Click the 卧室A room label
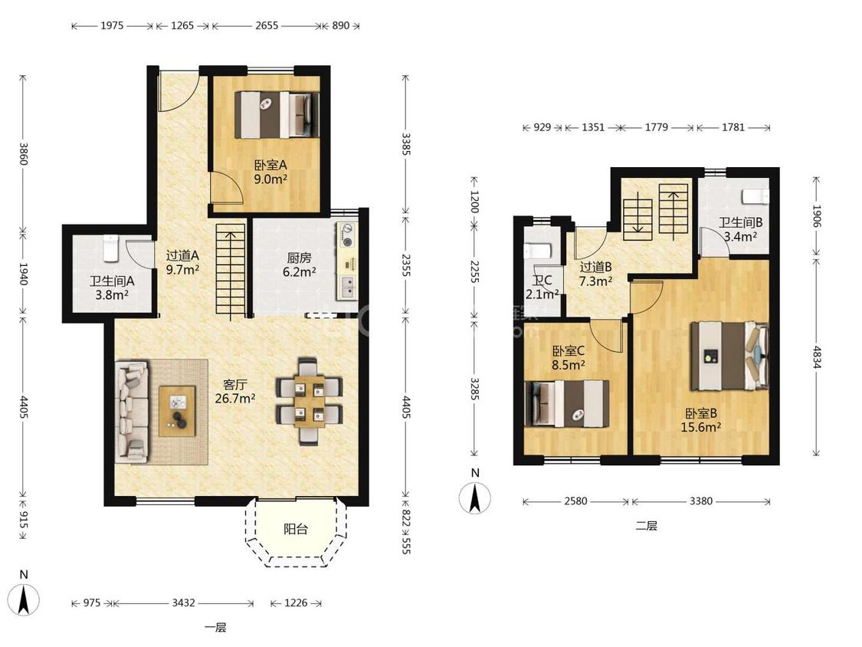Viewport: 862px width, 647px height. click(270, 165)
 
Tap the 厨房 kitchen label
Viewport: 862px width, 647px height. click(299, 258)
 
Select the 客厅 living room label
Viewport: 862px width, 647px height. click(234, 385)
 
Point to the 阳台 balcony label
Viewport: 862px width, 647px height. click(296, 529)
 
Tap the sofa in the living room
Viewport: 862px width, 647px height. click(132, 411)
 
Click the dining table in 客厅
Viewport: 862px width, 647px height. click(309, 401)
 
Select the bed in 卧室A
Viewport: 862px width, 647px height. click(277, 114)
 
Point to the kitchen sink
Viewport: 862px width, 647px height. click(346, 286)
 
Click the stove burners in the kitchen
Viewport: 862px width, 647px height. click(347, 235)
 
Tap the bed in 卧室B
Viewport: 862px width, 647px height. click(729, 356)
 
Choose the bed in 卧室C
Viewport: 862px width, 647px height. click(567, 404)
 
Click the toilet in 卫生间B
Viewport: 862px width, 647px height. click(755, 196)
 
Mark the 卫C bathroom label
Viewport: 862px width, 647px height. click(542, 280)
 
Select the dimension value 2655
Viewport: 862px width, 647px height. click(267, 25)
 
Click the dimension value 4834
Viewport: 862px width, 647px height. click(817, 357)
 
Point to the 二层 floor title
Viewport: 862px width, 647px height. click(646, 526)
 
